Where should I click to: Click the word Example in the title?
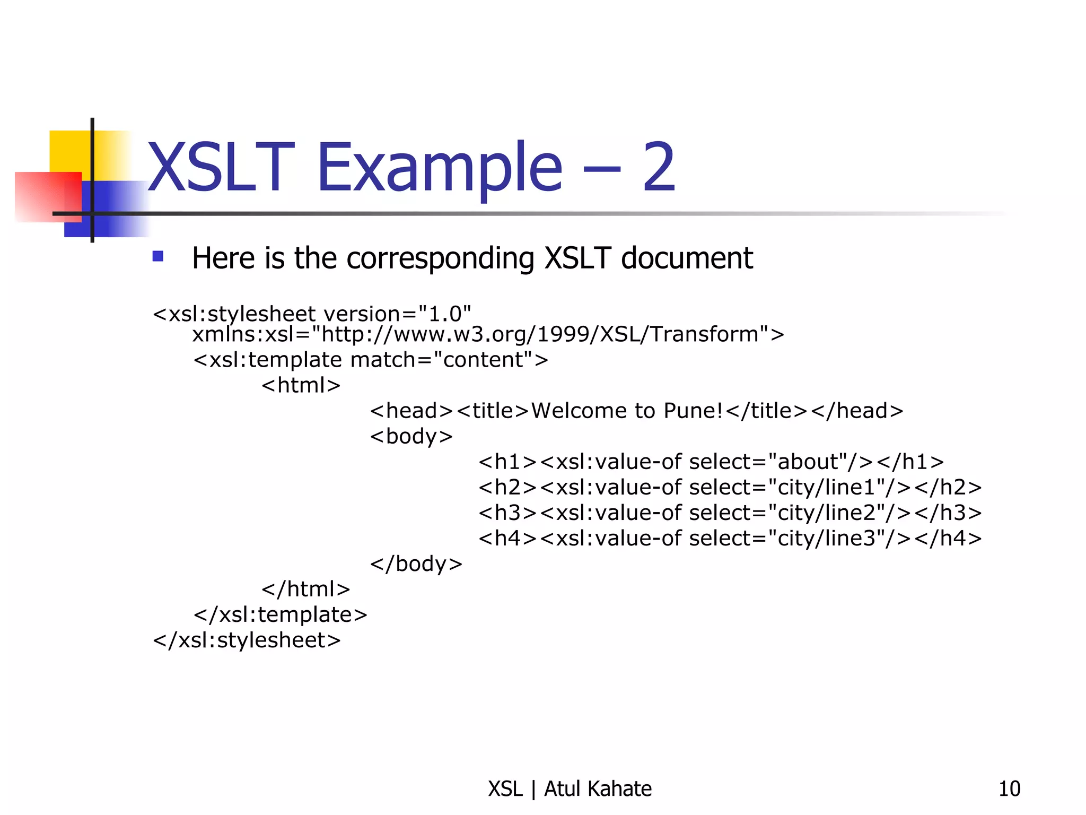[439, 169]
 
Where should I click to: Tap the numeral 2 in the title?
[659, 169]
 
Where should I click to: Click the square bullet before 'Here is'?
[157, 257]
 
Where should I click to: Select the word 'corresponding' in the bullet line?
[440, 259]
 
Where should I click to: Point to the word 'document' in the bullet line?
[687, 258]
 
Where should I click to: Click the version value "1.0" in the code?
[444, 314]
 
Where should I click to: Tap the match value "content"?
[483, 360]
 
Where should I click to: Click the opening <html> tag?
[301, 385]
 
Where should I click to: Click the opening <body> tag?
[411, 437]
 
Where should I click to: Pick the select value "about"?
[808, 462]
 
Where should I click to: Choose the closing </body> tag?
[416, 563]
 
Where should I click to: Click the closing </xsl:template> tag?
[280, 615]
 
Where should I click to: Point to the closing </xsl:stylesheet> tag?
[247, 640]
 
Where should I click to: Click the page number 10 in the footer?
[1009, 789]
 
